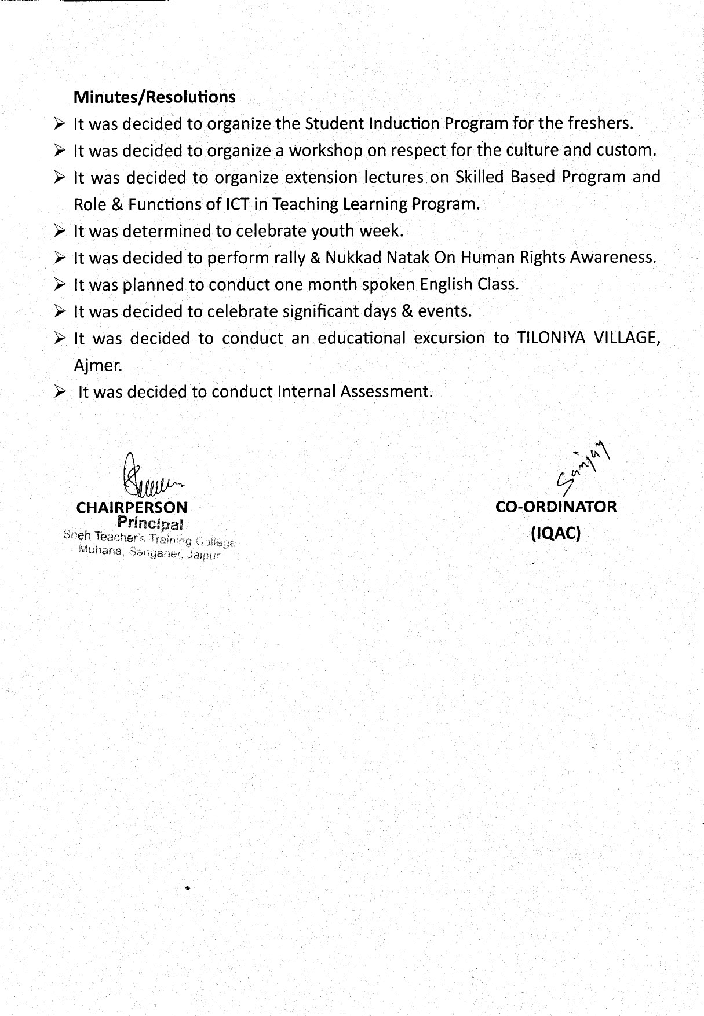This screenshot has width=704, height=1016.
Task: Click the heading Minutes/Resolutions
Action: click(154, 97)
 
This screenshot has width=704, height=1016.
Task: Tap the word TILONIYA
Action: click(549, 338)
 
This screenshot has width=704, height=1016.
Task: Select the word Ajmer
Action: click(98, 365)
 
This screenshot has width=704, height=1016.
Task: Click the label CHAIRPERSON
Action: click(132, 508)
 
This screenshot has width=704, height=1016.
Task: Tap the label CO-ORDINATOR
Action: click(556, 507)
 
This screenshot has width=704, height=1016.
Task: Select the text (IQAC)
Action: click(556, 533)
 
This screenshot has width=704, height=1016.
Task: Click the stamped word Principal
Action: click(150, 523)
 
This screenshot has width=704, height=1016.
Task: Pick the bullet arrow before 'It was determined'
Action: click(60, 231)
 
